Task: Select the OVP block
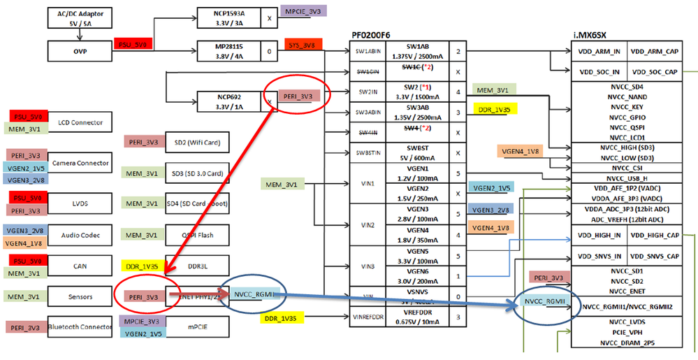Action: pos(80,50)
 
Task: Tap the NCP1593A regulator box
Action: pos(225,17)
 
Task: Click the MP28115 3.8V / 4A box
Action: pos(225,50)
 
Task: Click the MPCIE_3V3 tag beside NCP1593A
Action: pos(302,11)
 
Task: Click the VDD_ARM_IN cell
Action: pos(598,52)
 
